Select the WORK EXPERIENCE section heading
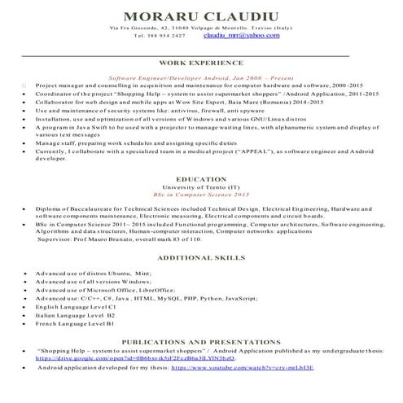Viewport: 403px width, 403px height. tap(201, 62)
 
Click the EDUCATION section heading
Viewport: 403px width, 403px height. tap(200, 178)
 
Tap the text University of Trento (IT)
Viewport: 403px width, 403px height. tap(200, 188)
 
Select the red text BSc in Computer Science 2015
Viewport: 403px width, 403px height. tap(200, 195)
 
